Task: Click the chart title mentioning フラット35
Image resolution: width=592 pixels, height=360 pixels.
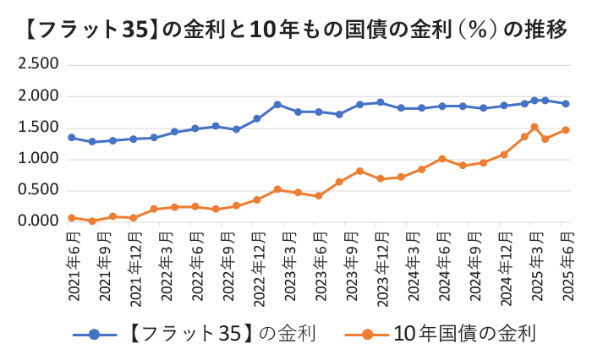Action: (296, 30)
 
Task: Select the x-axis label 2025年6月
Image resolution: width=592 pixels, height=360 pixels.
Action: (566, 267)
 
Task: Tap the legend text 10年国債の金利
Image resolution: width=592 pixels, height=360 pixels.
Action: (465, 333)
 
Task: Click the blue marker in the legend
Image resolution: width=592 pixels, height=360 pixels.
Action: (94, 334)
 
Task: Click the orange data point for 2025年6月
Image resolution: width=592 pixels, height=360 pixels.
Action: (566, 130)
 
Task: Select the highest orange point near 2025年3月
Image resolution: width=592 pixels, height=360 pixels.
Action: (534, 128)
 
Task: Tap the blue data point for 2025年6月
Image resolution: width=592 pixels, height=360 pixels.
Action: (566, 104)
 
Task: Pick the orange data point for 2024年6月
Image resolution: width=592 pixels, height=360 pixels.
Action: (442, 158)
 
